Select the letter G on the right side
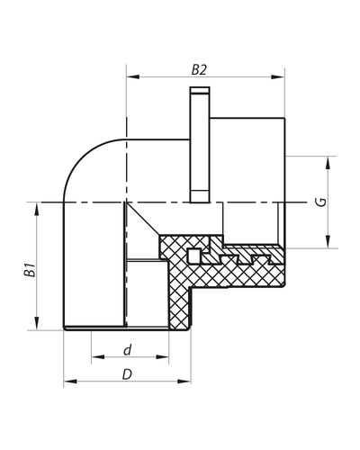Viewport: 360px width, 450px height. pos(320,202)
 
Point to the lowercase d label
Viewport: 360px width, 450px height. pos(128,348)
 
